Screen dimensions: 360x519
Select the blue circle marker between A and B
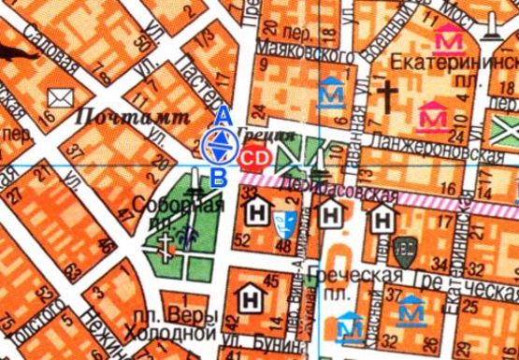220,145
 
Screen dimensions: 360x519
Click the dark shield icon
403,250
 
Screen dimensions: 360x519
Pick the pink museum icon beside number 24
432,117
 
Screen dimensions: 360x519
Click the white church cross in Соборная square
166,246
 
